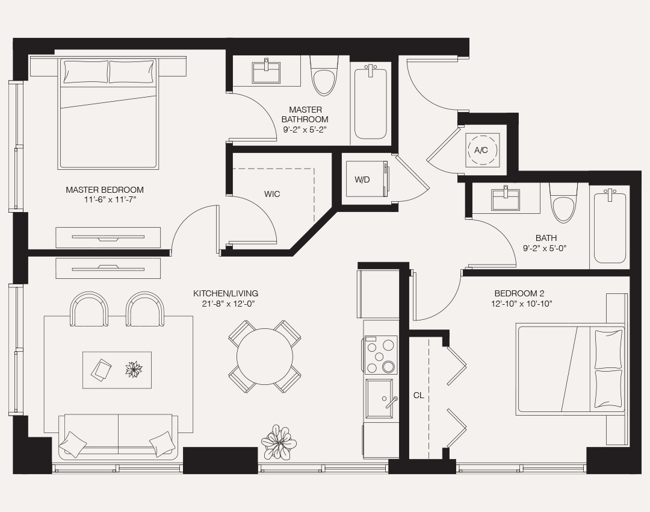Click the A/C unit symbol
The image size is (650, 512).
pyautogui.click(x=481, y=150)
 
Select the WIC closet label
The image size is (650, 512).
pyautogui.click(x=272, y=194)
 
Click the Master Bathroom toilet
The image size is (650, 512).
pyautogui.click(x=324, y=78)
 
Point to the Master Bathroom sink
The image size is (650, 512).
pyautogui.click(x=266, y=73)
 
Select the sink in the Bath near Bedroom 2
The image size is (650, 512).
pyautogui.click(x=506, y=199)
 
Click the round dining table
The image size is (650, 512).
pyautogui.click(x=264, y=356)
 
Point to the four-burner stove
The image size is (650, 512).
pyautogui.click(x=380, y=355)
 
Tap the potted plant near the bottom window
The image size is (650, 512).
pyautogui.click(x=279, y=442)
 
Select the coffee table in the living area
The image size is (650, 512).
pyautogui.click(x=117, y=370)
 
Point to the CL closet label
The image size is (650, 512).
pyautogui.click(x=418, y=396)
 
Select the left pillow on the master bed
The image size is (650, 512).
pyautogui.click(x=85, y=72)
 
